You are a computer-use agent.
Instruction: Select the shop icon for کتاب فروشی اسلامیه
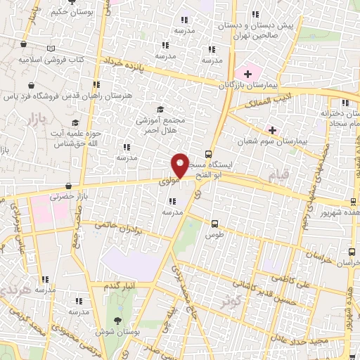pos(24,45)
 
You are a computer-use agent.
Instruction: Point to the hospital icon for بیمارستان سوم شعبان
pos(272,130)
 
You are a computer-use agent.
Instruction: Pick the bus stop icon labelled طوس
pos(214,224)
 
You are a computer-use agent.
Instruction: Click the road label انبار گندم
pos(119,285)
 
